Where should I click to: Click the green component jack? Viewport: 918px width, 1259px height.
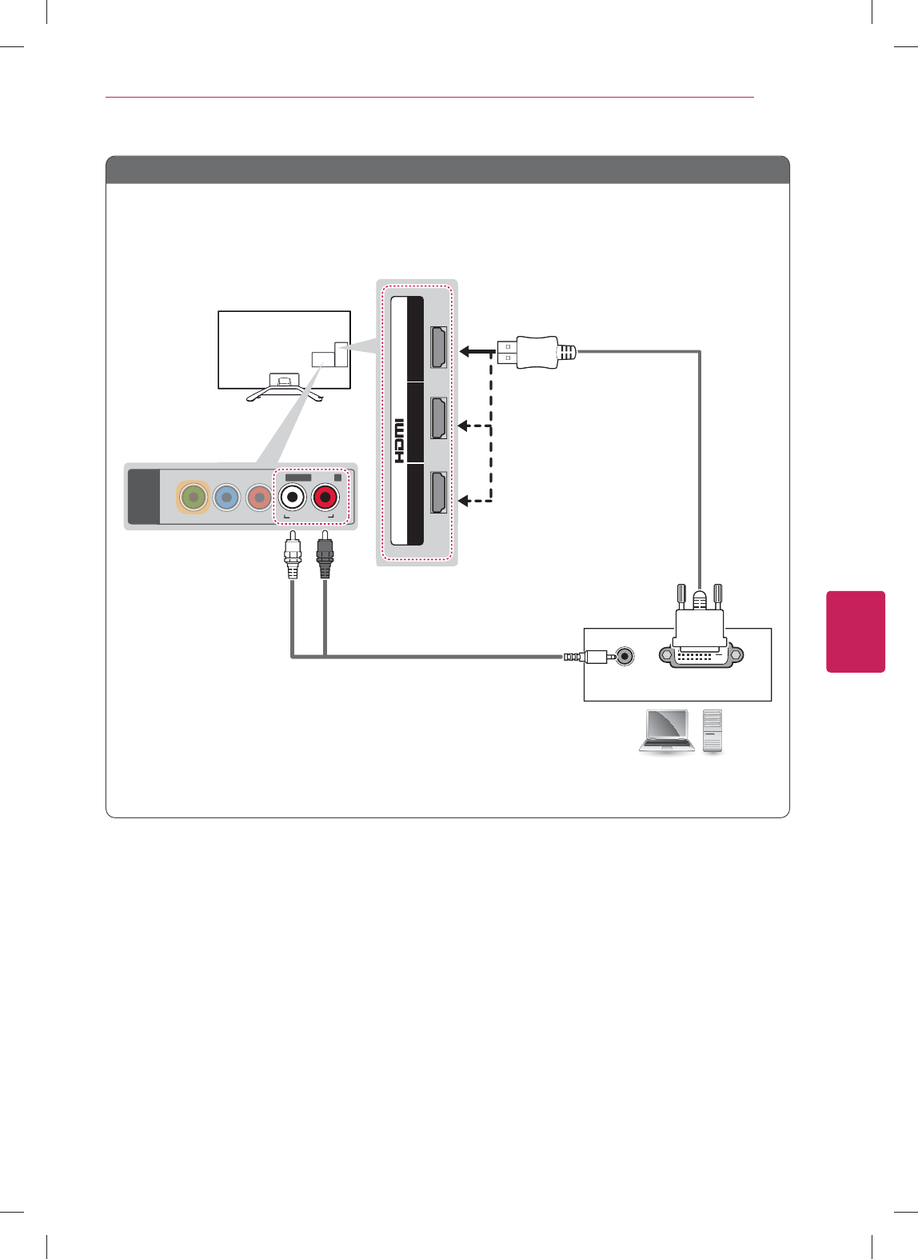click(x=194, y=498)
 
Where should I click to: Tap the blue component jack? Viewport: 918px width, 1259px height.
click(x=227, y=498)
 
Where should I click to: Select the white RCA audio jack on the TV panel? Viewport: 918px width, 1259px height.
click(x=293, y=498)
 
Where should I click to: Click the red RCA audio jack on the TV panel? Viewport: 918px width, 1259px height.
click(x=325, y=498)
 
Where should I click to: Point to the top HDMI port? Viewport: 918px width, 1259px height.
click(x=438, y=347)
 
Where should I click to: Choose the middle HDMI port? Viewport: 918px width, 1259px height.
click(x=438, y=418)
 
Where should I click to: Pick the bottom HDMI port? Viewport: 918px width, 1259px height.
click(x=438, y=492)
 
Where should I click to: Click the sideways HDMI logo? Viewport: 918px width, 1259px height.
click(x=399, y=441)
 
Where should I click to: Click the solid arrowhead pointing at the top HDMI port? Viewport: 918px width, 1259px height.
click(x=465, y=351)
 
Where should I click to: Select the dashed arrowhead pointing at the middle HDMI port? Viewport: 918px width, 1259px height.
click(x=463, y=426)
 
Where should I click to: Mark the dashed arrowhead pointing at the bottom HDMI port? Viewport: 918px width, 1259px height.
click(x=463, y=501)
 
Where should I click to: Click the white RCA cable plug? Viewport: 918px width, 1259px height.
click(x=293, y=555)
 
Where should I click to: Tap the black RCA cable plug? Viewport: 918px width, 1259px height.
click(x=325, y=555)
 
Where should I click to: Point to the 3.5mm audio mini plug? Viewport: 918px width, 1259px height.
click(x=589, y=657)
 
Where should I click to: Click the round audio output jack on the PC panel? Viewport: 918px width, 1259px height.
click(x=624, y=657)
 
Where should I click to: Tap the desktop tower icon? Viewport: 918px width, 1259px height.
click(x=712, y=730)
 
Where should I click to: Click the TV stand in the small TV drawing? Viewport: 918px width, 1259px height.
click(x=283, y=389)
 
